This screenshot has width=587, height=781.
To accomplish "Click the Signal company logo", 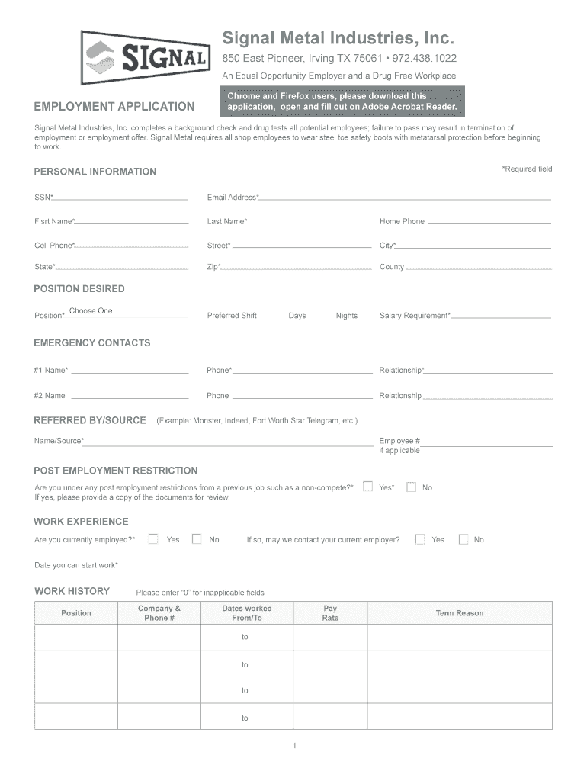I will tap(145, 58).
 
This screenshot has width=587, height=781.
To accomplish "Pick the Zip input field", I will tap(297, 266).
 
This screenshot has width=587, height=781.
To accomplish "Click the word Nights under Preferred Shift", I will tap(346, 316).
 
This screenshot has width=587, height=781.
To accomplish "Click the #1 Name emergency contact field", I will tap(130, 370).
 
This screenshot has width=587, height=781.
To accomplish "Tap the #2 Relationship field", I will tap(487, 395).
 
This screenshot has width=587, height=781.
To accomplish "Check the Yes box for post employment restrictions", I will tap(368, 487).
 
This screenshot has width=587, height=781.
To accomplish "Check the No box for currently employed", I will tap(197, 539).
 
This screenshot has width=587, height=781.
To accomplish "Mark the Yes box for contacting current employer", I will tap(420, 539).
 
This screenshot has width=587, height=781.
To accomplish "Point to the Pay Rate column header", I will tap(330, 613).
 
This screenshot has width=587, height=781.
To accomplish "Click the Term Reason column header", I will tap(459, 613).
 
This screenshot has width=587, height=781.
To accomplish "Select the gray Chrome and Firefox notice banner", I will tap(342, 101).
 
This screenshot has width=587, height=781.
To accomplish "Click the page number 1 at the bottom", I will tap(293, 745).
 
